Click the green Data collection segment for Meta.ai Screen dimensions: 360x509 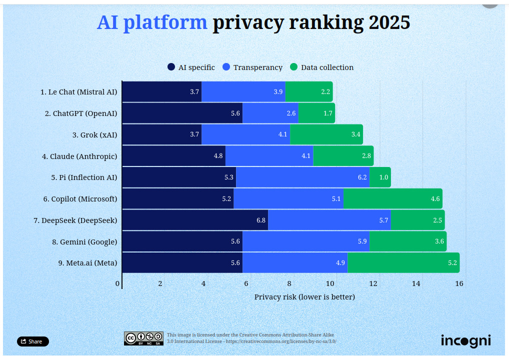(x=403, y=263)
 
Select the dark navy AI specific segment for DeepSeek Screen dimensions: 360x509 (x=195, y=220)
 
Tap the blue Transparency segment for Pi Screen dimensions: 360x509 (x=302, y=177)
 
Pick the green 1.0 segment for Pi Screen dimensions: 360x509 (x=380, y=177)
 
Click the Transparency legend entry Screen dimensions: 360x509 (x=252, y=67)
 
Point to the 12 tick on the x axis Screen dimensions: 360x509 (x=373, y=284)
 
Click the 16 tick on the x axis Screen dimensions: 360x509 (x=459, y=284)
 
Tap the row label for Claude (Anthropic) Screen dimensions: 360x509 (x=79, y=156)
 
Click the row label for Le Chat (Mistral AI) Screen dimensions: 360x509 (x=78, y=92)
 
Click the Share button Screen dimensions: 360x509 (x=33, y=341)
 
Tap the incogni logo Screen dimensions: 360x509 (x=465, y=341)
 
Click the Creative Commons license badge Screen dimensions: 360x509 (x=144, y=338)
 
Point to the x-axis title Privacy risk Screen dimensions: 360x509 (x=304, y=297)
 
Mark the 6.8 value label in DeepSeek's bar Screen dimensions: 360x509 (x=261, y=220)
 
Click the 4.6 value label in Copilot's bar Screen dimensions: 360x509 (x=435, y=199)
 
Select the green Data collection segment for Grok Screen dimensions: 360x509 (x=326, y=134)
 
